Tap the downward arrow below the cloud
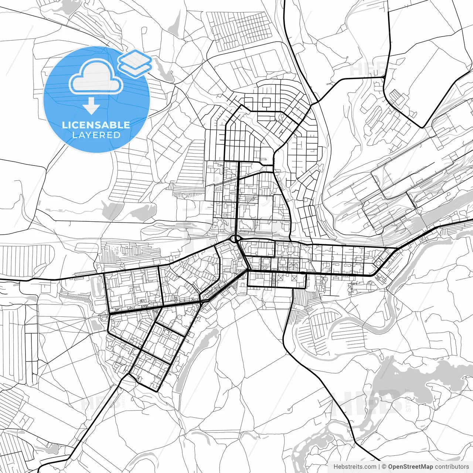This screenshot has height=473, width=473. (91, 106)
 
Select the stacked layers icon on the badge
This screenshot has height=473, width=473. (135, 63)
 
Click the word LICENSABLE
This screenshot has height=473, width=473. (96, 125)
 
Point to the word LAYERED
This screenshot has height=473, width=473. (96, 135)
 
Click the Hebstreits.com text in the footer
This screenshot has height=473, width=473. (355, 467)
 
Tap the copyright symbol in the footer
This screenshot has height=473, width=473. (384, 467)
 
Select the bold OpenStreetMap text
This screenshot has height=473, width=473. (410, 467)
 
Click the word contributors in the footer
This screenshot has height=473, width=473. (452, 467)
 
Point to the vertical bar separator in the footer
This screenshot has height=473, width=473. (380, 467)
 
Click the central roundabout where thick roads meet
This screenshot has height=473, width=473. (235, 239)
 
